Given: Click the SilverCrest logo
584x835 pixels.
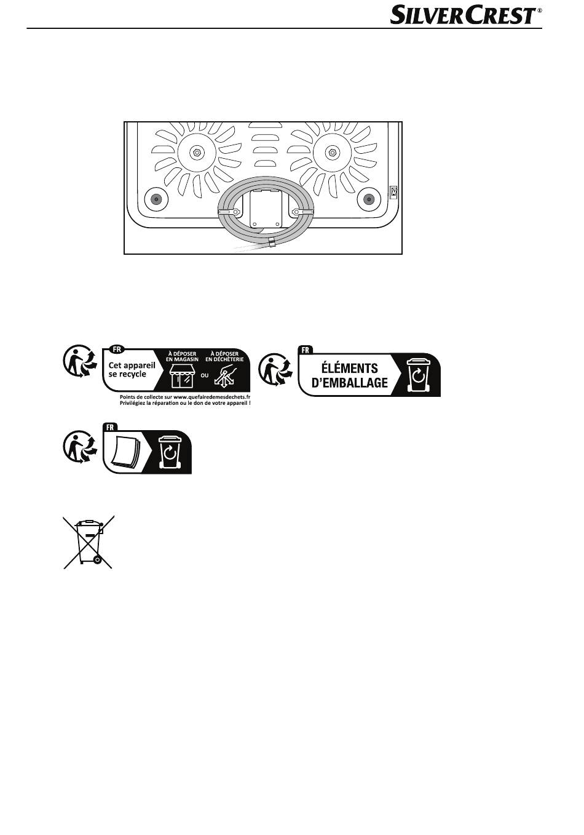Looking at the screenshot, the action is click(x=466, y=15).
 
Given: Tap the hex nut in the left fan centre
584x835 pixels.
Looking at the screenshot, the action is click(x=197, y=152).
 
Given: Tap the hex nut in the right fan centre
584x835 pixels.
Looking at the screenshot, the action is click(x=332, y=152).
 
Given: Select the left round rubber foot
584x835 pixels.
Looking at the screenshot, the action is click(x=156, y=199).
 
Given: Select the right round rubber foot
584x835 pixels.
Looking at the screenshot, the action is click(x=369, y=199).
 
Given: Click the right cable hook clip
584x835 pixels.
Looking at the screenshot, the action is click(x=302, y=212).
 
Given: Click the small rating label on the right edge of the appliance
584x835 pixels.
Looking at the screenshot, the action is click(x=393, y=193).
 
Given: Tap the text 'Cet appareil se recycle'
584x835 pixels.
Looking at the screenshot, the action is click(x=132, y=369).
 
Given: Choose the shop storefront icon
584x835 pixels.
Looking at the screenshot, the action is click(x=182, y=376).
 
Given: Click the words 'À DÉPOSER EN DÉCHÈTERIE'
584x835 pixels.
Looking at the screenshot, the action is click(x=224, y=356).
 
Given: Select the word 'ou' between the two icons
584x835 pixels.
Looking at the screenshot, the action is click(x=205, y=375).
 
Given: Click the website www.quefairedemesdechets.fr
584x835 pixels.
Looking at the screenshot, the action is click(x=211, y=397).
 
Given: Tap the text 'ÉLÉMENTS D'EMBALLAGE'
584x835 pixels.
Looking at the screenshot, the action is click(x=350, y=375).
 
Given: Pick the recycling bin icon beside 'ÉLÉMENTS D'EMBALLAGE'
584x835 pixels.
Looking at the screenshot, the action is click(x=418, y=375).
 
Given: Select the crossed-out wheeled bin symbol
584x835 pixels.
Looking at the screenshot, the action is click(x=89, y=542).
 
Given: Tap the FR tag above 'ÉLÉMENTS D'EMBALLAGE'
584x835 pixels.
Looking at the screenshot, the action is click(x=306, y=350).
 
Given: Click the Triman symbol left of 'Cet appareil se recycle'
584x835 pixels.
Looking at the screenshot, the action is click(x=80, y=361).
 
